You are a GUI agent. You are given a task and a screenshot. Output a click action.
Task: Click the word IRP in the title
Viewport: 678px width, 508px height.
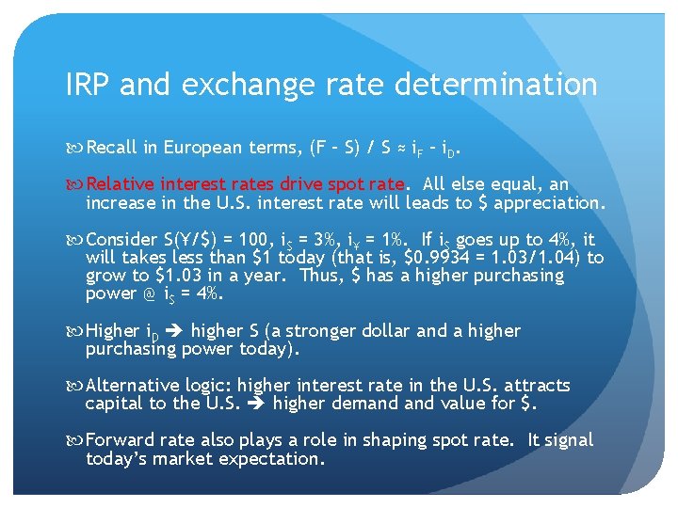89,86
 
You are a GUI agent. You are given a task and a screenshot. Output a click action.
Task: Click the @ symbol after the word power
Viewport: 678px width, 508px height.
148,294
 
